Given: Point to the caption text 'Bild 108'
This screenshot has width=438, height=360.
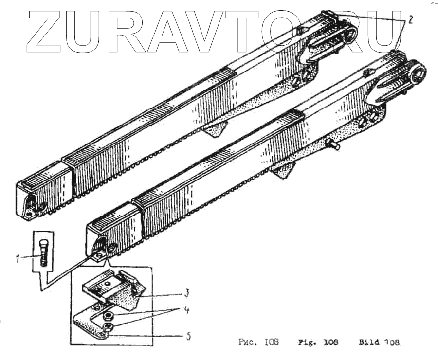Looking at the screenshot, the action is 379,342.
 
